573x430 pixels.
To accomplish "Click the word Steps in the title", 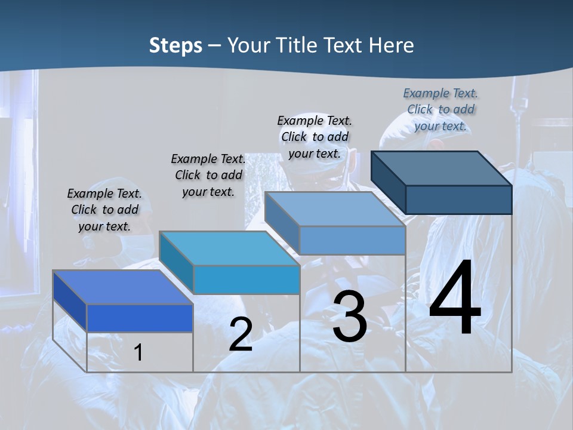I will pyautogui.click(x=175, y=45).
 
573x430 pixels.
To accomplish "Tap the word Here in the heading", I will pyautogui.click(x=392, y=45).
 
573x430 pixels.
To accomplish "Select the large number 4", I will pyautogui.click(x=455, y=299).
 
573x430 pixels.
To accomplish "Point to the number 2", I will pyautogui.click(x=241, y=335).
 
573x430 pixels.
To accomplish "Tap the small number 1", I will pyautogui.click(x=138, y=352).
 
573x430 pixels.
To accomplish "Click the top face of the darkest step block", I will pyautogui.click(x=442, y=168).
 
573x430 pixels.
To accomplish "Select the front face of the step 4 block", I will pyautogui.click(x=458, y=199).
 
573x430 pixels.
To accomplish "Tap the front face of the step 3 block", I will pyautogui.click(x=352, y=241).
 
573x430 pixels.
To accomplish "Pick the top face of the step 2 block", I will pyautogui.click(x=229, y=248).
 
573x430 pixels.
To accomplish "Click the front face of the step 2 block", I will pyautogui.click(x=246, y=279).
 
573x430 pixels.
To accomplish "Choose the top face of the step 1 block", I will pyautogui.click(x=123, y=287).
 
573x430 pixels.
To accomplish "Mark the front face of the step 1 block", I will pyautogui.click(x=140, y=318).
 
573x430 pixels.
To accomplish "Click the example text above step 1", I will pyautogui.click(x=104, y=210).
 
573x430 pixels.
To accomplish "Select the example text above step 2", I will pyautogui.click(x=208, y=175).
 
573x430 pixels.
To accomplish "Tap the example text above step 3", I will pyautogui.click(x=315, y=137).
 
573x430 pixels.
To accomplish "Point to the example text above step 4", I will pyautogui.click(x=440, y=109).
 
